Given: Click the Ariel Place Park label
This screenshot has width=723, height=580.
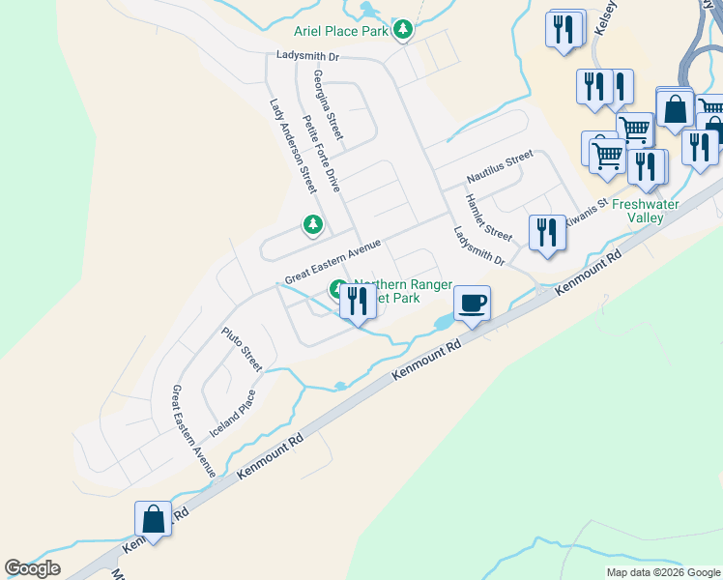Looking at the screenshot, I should [x=347, y=31].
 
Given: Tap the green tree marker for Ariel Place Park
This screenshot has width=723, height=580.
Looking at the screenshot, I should [x=404, y=31].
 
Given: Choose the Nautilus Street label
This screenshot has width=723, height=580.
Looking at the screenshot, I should [x=500, y=166].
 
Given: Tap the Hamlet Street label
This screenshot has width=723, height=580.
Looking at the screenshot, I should [x=488, y=217].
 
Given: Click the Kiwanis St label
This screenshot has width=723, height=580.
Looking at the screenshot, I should [x=585, y=211].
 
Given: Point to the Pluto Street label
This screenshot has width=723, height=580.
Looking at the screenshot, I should [x=242, y=349].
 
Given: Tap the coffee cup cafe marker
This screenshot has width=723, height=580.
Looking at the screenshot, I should [x=472, y=304].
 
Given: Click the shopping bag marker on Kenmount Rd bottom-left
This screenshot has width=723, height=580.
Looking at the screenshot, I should [x=154, y=519].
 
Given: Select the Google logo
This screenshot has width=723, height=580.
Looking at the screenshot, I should [x=32, y=568].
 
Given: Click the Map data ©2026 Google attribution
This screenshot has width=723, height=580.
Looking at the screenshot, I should [x=663, y=572].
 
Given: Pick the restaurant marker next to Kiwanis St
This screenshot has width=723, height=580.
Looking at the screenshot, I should [x=547, y=234].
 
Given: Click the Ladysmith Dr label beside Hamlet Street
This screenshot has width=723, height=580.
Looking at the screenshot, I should [x=479, y=246].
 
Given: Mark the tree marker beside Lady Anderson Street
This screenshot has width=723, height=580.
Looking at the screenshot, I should [x=312, y=225].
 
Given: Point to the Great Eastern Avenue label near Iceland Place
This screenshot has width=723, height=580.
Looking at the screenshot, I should [x=192, y=431].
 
